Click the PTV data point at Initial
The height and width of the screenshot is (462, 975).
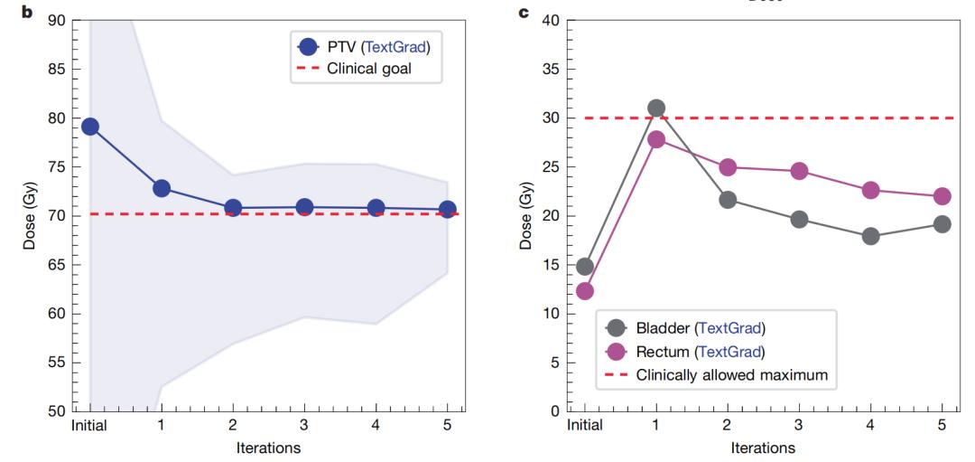point(90,127)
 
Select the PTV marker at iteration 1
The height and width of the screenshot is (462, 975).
point(162,188)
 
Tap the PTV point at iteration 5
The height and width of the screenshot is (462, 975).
point(447,210)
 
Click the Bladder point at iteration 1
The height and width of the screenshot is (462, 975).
point(656,108)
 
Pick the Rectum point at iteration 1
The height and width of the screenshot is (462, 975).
point(656,139)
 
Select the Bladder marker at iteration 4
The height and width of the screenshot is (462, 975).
point(870,236)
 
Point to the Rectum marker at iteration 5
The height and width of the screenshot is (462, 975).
point(942,196)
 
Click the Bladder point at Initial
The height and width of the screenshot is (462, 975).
point(585,267)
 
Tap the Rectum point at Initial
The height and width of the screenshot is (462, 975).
point(585,291)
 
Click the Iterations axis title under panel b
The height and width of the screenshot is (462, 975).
point(268,447)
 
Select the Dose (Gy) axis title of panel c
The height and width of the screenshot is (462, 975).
point(527,216)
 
